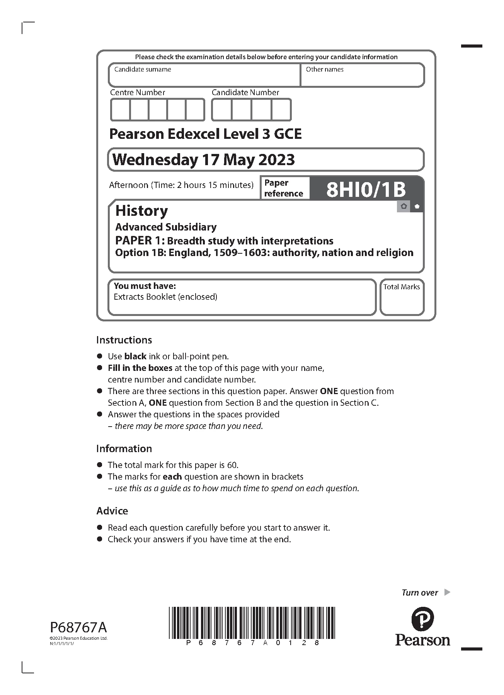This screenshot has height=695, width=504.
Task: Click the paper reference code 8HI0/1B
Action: click(x=366, y=190)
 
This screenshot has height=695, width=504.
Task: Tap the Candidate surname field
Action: click(x=204, y=75)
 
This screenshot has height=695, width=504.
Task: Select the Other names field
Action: click(x=362, y=75)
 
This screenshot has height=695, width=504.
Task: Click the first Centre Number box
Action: click(x=120, y=110)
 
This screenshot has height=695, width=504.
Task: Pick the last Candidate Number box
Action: click(x=281, y=110)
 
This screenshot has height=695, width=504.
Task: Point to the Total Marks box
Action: click(x=402, y=297)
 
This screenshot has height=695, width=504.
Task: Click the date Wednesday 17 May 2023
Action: click(x=204, y=160)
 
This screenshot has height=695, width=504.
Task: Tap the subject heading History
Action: click(x=141, y=211)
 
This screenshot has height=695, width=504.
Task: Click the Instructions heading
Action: click(x=124, y=340)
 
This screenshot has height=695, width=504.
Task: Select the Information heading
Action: click(x=124, y=449)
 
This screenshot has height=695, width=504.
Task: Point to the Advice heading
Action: click(x=112, y=511)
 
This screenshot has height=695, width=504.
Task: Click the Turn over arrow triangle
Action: click(x=447, y=592)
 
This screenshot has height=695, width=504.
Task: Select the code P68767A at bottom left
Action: click(x=78, y=627)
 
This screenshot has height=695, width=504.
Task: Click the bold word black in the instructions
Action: click(x=135, y=356)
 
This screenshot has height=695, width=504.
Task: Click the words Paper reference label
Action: click(x=284, y=188)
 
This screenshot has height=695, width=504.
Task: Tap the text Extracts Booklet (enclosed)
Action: click(x=165, y=297)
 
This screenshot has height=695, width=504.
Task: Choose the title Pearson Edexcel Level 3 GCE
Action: click(x=205, y=134)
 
